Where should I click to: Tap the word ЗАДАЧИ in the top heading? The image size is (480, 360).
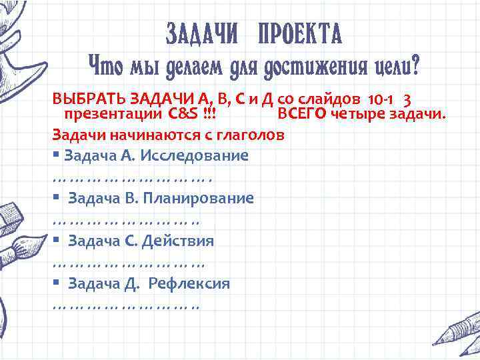201,33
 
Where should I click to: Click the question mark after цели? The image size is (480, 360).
415,67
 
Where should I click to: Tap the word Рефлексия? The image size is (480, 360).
189,283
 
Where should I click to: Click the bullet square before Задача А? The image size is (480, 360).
56,155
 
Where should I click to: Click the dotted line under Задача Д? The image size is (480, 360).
125,306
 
